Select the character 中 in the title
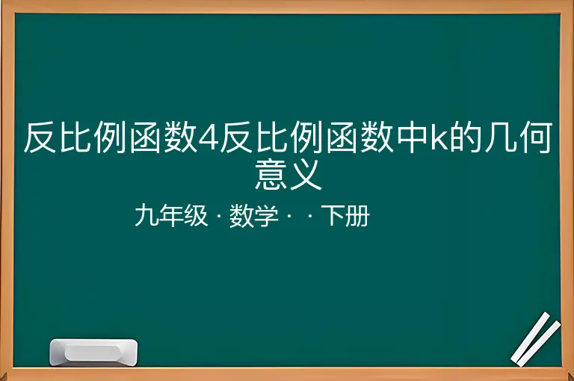pos(413,137)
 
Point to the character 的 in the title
pos(466,137)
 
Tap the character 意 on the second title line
pos(271,175)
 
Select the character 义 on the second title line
pos(305,175)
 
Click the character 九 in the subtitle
pos(146,216)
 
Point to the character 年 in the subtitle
pos(171,216)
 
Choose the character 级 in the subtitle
pos(196,216)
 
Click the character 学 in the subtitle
pos(266,216)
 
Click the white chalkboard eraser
pos(93,353)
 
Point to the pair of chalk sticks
pos(535,339)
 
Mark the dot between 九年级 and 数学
pos(218,216)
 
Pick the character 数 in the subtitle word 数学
pos(241,216)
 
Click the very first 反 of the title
pos(40,137)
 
